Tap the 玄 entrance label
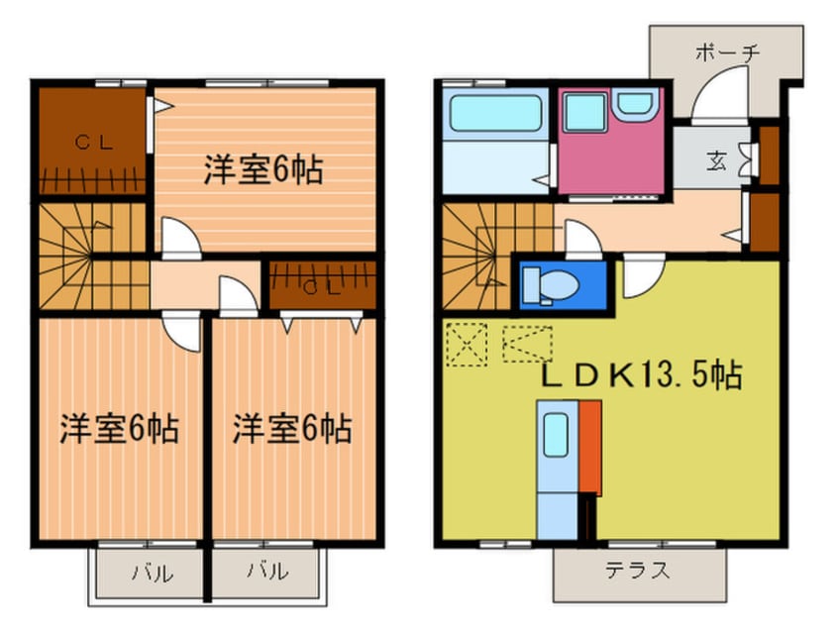click(x=715, y=157)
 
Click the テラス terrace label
click(x=640, y=571)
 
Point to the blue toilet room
click(x=562, y=283)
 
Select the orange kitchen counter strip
click(x=590, y=447)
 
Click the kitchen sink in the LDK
click(x=555, y=434)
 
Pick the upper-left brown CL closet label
click(x=95, y=142)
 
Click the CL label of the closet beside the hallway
click(x=321, y=288)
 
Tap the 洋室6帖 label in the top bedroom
click(x=263, y=169)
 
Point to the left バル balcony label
click(x=152, y=572)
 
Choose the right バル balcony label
click(x=268, y=572)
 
